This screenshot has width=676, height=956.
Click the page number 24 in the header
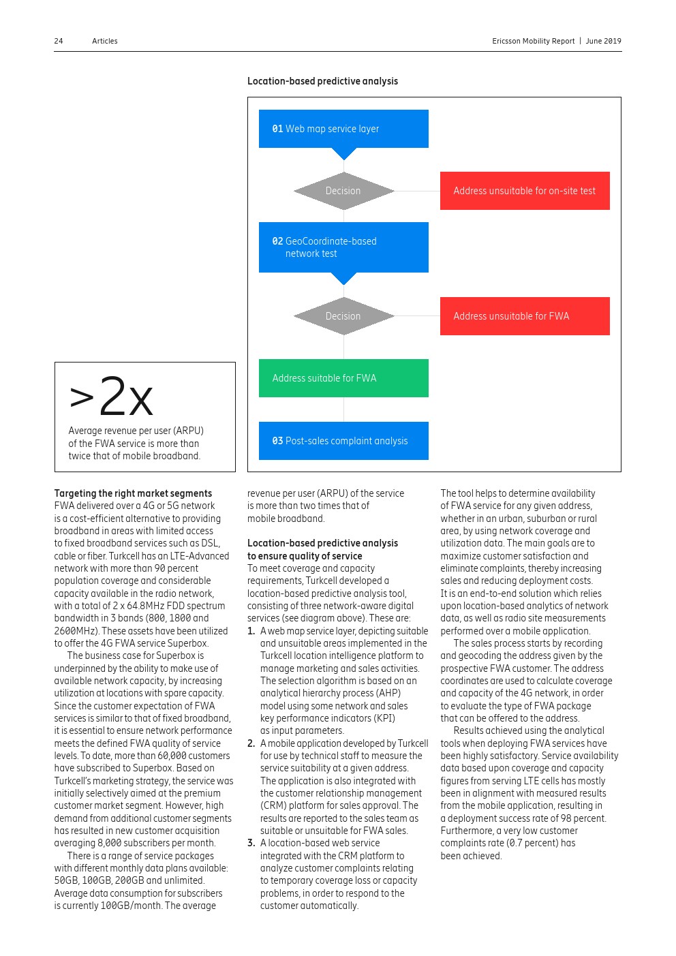[x=59, y=41]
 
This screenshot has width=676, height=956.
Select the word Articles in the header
[x=105, y=41]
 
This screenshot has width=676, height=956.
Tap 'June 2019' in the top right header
[x=603, y=41]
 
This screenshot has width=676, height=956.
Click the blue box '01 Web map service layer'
[x=343, y=129]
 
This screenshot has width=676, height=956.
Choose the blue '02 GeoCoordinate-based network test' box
[x=343, y=247]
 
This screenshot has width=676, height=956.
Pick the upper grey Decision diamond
[x=343, y=191]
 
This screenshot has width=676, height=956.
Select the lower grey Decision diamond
[x=343, y=316]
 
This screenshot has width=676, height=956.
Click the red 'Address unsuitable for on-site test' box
[x=525, y=191]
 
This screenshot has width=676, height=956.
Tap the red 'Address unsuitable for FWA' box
[x=525, y=316]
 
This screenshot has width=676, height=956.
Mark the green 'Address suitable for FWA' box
[x=343, y=378]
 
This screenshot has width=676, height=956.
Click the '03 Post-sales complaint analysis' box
[x=343, y=441]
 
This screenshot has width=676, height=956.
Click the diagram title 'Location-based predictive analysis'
[x=322, y=81]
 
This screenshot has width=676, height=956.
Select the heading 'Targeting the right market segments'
[x=133, y=493]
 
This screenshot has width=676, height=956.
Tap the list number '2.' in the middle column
[x=251, y=743]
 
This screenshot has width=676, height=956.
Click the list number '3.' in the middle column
[x=251, y=843]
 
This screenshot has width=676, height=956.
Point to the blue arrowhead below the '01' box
[x=343, y=154]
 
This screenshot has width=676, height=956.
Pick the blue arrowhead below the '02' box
[x=343, y=279]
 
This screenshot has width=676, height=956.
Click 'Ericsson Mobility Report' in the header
[x=534, y=41]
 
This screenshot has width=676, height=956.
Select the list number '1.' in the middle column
[x=251, y=631]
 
